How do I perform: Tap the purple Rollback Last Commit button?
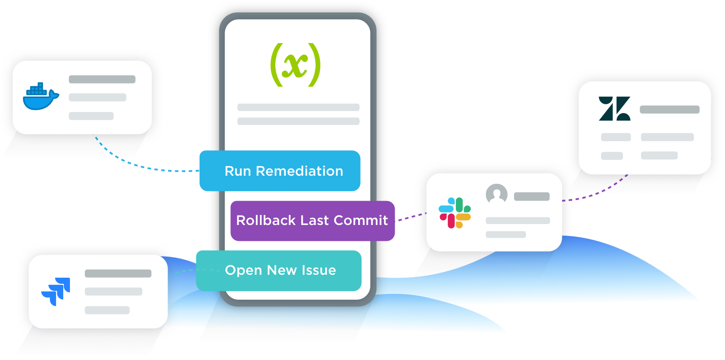pyautogui.click(x=312, y=221)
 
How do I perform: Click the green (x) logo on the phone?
pyautogui.click(x=295, y=65)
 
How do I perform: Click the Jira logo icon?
pyautogui.click(x=56, y=291)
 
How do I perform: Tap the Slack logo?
pyautogui.click(x=455, y=213)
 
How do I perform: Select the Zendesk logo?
pyautogui.click(x=614, y=109)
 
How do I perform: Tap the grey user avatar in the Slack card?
pyautogui.click(x=497, y=195)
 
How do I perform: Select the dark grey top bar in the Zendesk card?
pyautogui.click(x=669, y=110)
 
